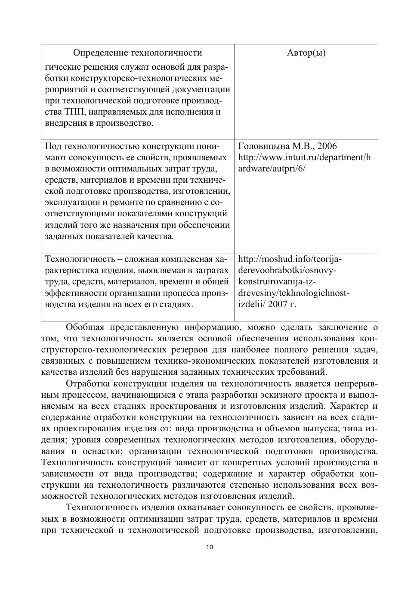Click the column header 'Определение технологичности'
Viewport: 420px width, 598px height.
coord(137,53)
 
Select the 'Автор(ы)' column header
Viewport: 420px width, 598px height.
coord(306,53)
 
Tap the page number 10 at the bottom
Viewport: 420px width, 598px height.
coord(210,548)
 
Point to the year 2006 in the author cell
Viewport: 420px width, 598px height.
coord(327,146)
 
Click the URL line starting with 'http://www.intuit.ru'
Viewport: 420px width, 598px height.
coord(304,157)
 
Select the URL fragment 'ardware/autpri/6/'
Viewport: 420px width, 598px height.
coord(272,168)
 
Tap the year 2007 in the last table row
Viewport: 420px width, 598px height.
coord(280,304)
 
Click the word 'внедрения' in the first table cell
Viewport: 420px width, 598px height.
coord(64,123)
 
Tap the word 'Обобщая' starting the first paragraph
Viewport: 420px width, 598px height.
coord(85,327)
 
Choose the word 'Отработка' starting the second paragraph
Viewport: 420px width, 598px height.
coord(87,383)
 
